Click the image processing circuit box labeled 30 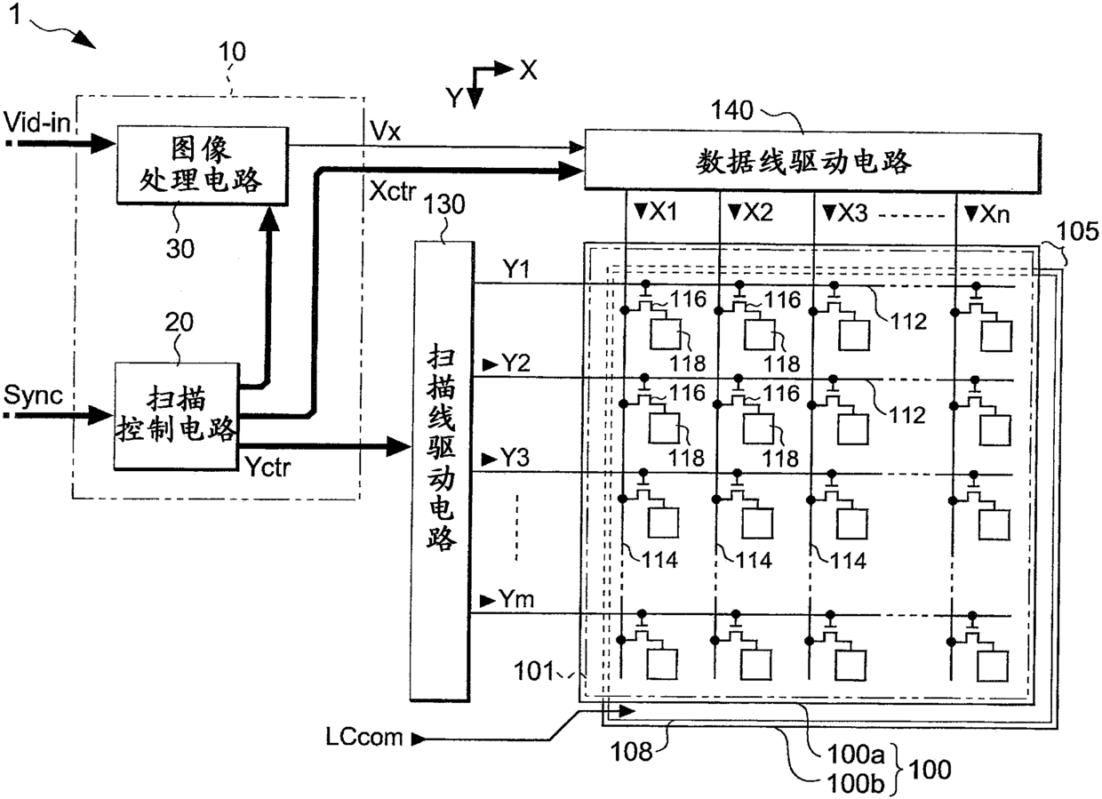203,165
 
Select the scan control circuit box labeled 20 177,416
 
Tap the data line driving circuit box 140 812,162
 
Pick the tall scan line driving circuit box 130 442,471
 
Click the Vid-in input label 37,122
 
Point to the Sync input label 34,395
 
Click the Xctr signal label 393,191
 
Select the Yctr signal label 268,466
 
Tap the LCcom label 364,737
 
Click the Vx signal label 385,131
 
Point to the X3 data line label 852,213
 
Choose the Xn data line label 994,214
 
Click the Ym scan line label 516,599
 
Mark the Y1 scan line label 516,269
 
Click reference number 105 1077,230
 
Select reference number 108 631,752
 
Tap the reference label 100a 857,754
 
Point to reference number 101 534,671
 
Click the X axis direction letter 529,70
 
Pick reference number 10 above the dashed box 232,52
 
